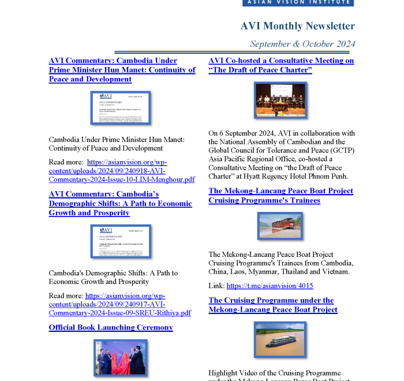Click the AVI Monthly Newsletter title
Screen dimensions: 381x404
[297, 26]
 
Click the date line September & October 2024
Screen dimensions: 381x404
[302, 44]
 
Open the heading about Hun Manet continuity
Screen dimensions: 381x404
[122, 70]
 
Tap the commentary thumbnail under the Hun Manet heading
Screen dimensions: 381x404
[121, 108]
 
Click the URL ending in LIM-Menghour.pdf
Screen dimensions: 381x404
[121, 171]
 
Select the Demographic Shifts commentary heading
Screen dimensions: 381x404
[120, 203]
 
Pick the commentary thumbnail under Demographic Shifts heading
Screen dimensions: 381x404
[121, 241]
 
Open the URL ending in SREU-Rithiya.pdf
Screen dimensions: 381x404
[120, 304]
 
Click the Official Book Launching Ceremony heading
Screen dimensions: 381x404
[111, 327]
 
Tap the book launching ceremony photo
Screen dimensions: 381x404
[121, 358]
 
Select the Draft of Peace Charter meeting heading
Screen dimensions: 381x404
[281, 65]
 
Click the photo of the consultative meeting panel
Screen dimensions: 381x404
[280, 100]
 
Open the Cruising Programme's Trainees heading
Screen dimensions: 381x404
[280, 196]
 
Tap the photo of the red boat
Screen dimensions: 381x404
[280, 226]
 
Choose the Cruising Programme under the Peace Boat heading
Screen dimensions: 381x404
[272, 305]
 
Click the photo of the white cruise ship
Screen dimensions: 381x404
[280, 339]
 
